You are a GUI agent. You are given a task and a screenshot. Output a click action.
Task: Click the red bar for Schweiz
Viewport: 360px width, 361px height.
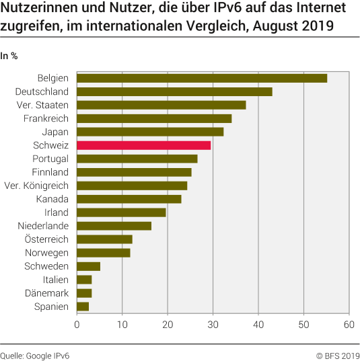coord(143,145)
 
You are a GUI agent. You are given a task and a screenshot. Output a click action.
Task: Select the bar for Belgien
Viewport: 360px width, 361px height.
coord(202,78)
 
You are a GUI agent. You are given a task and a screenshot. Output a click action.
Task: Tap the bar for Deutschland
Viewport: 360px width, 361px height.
coord(174,91)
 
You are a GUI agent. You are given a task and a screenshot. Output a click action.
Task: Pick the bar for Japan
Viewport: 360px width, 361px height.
coord(150,132)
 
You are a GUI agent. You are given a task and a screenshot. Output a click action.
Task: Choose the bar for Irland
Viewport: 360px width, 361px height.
coord(121,212)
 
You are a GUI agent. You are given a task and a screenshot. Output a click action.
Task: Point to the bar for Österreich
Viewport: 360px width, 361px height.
coord(104,239)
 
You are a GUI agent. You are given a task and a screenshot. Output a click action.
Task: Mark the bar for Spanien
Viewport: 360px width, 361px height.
coord(83,307)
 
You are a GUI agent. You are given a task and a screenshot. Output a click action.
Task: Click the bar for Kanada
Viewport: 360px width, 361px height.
coord(129,199)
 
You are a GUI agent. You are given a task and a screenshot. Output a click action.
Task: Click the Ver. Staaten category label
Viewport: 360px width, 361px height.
coord(42,105)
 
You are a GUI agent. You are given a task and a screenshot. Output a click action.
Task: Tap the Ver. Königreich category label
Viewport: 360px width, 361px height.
coord(36,186)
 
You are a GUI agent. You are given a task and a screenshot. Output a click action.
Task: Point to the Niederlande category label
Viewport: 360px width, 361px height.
coord(42,226)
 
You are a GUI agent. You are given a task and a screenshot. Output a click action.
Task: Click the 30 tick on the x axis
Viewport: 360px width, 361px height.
coord(213,325)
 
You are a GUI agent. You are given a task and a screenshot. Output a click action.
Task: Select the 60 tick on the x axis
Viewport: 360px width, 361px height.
coord(349,325)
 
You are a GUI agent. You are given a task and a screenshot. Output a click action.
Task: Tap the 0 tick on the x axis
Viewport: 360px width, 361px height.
coord(77,325)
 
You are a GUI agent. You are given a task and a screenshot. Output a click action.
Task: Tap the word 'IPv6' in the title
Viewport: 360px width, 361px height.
coord(199,9)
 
